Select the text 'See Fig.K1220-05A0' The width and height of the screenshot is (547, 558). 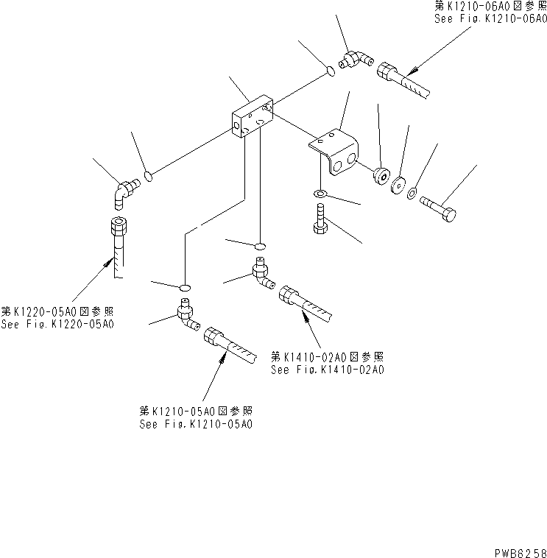point(58,324)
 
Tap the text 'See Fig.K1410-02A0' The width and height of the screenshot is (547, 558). point(328,370)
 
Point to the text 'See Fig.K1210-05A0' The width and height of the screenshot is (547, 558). point(197,425)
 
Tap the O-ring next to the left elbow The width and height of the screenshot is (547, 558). point(149,176)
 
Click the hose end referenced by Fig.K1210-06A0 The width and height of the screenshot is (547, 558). point(404,79)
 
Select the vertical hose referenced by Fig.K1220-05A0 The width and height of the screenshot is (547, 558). point(118,243)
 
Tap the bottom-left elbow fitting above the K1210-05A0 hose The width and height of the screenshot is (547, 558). point(186,316)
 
